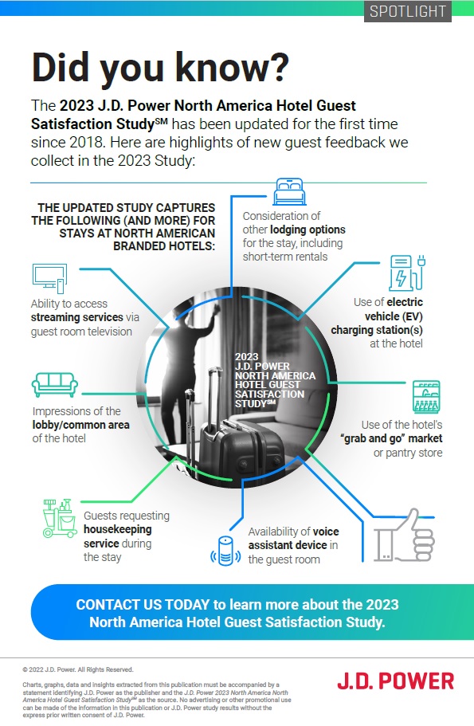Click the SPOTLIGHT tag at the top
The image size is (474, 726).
[407, 11]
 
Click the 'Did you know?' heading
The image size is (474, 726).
[160, 67]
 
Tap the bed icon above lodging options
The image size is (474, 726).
[289, 191]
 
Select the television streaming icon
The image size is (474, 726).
[49, 278]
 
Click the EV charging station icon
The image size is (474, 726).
[407, 273]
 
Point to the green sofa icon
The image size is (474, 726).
[55, 384]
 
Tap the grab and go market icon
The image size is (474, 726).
[426, 396]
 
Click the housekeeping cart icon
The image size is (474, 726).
[60, 518]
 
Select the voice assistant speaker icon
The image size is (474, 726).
[225, 551]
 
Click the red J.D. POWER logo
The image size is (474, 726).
[395, 681]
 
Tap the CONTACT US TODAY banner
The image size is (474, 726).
[237, 612]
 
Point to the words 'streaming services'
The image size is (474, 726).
[76, 317]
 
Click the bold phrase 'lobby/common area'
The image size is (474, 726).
[81, 425]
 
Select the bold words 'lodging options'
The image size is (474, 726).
[308, 230]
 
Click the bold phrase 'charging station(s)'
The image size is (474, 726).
[377, 330]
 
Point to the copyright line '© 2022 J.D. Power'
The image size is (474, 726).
[78, 669]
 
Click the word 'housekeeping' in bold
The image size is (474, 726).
[118, 529]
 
